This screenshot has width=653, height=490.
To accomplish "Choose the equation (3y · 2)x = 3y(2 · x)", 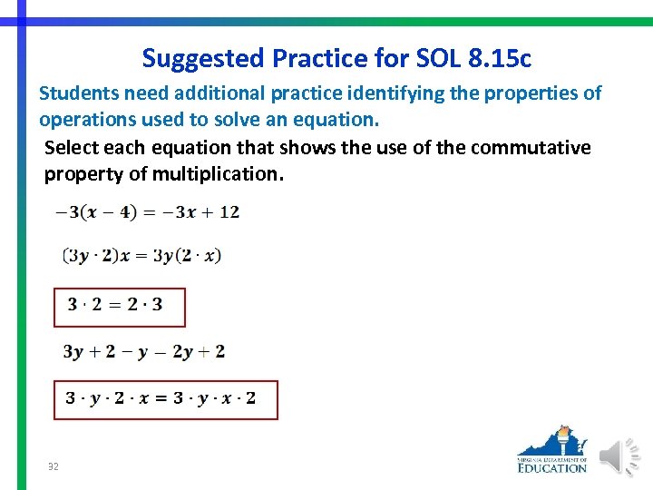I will click(x=142, y=255).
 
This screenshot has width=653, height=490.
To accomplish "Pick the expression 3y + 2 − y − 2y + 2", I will click(x=144, y=351).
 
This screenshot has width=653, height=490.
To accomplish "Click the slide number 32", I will click(x=54, y=466).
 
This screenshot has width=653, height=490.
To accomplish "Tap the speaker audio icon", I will click(x=621, y=456).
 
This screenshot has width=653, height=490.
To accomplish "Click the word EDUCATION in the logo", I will click(x=552, y=467).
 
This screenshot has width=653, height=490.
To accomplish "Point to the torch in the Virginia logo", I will click(x=564, y=440).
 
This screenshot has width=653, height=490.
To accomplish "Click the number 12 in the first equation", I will click(x=229, y=212).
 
